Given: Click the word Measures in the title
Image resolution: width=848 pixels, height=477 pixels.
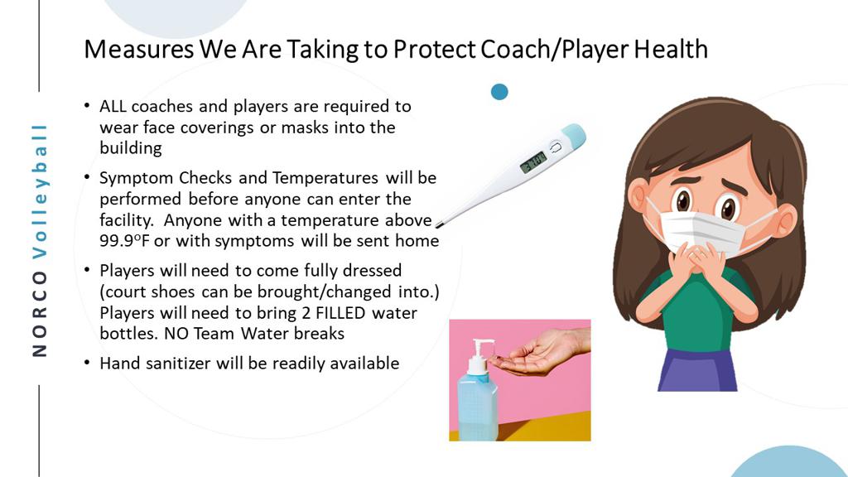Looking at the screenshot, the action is click(x=139, y=50).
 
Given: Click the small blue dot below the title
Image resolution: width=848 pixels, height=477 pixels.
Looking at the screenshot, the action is click(x=499, y=92).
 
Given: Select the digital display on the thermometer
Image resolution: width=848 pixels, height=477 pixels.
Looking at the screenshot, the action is click(x=532, y=161).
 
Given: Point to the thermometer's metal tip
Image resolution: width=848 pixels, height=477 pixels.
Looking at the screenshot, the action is click(x=439, y=224).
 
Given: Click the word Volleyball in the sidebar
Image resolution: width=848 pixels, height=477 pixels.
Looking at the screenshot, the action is click(x=40, y=191).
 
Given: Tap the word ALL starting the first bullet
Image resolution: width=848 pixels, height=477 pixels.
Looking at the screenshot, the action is click(x=113, y=106).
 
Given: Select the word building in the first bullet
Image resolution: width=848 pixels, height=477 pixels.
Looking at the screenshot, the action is click(x=130, y=148).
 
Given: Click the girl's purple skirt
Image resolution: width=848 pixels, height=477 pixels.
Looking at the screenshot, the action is click(x=697, y=370).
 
